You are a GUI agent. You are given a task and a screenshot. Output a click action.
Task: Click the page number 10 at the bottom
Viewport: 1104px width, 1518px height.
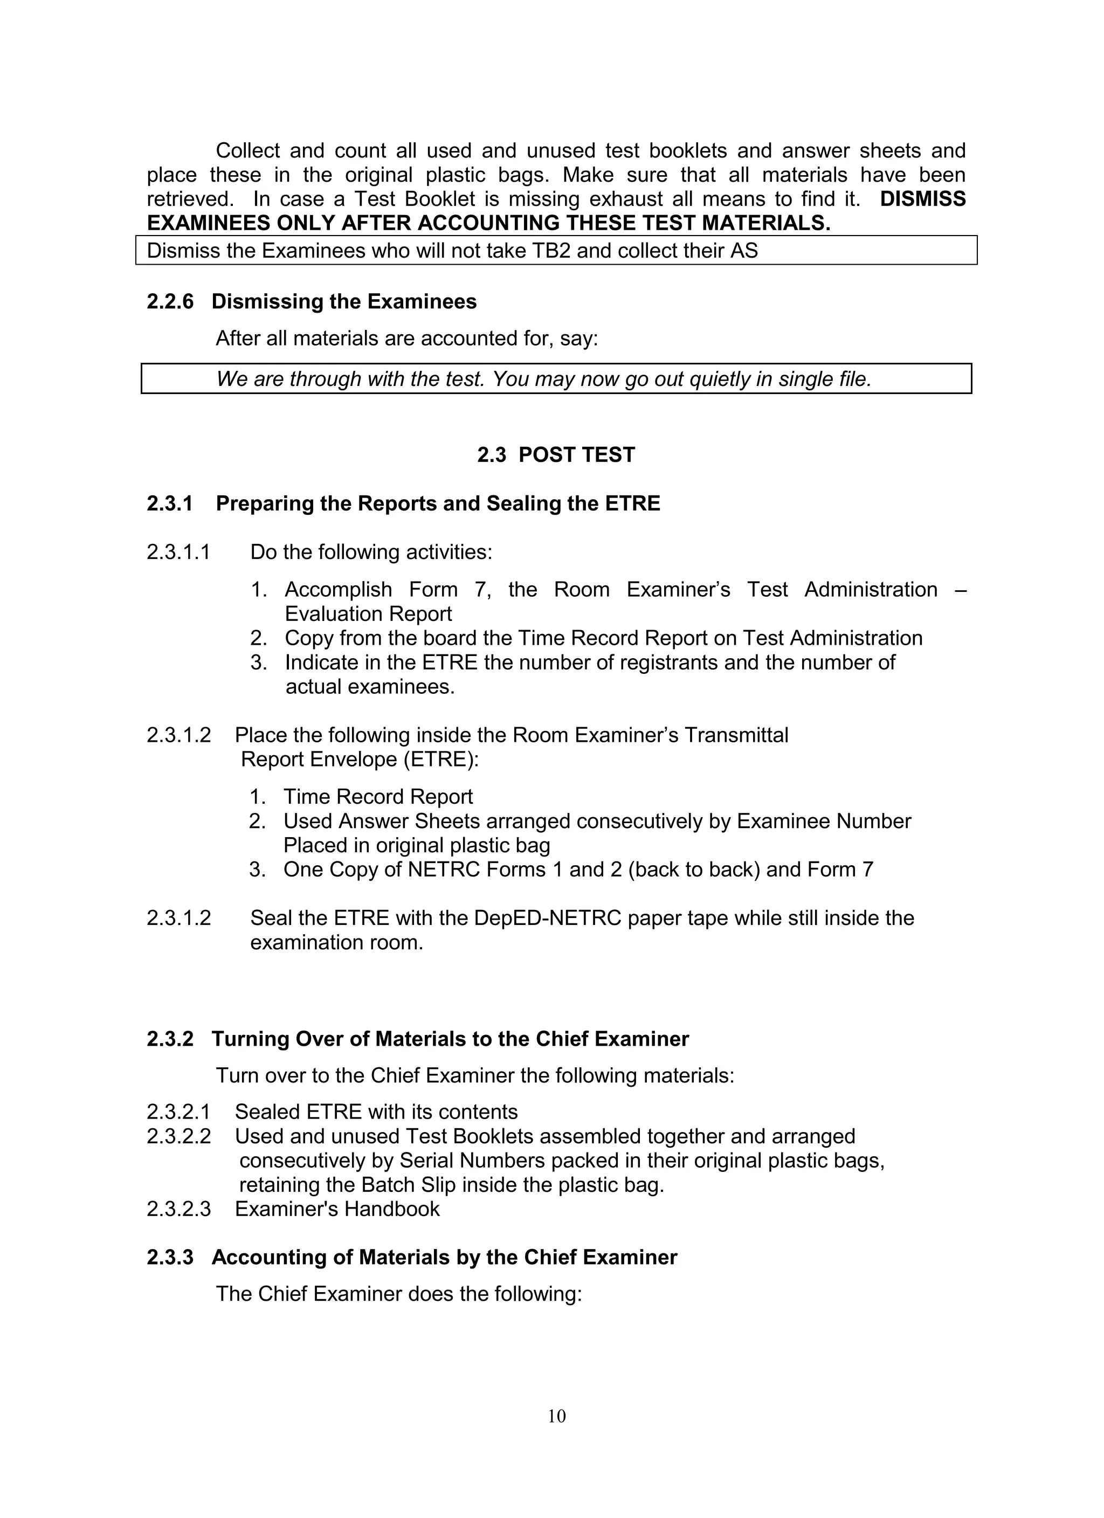[x=556, y=1416]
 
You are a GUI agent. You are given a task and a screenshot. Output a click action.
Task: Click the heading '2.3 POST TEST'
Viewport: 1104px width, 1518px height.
[x=556, y=455]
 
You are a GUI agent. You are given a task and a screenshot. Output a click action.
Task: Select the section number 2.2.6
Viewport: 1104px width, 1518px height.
[x=170, y=302]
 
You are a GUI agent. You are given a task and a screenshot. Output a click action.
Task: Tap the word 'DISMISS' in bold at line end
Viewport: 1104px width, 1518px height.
[x=922, y=199]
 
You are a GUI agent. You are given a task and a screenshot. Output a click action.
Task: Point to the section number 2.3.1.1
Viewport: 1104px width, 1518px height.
[x=178, y=552]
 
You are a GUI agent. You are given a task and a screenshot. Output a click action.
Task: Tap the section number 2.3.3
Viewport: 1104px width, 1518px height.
[x=170, y=1258]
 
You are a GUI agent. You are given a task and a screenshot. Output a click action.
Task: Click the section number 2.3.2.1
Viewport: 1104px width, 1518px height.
[x=178, y=1113]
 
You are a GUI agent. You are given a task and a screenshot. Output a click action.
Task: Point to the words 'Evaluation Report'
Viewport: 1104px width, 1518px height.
[x=368, y=614]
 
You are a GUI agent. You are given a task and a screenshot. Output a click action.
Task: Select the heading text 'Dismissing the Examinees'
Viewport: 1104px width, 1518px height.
[x=344, y=302]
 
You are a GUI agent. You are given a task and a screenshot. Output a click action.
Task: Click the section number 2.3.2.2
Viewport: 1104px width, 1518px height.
[x=178, y=1136]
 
